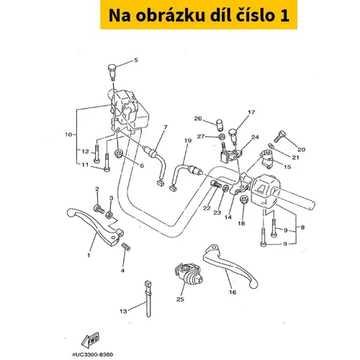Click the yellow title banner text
coord(199,15)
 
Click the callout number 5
coord(136,60)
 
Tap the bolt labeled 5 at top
coord(112,72)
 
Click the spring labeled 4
coord(126,247)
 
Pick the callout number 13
coord(123,311)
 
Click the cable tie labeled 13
coord(148,299)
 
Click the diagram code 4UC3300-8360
coord(92,354)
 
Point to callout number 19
coord(188,140)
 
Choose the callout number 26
coord(198,119)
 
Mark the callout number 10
coord(68,135)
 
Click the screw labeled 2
coord(99,209)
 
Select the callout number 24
coord(255,137)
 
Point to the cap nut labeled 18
coord(244,199)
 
